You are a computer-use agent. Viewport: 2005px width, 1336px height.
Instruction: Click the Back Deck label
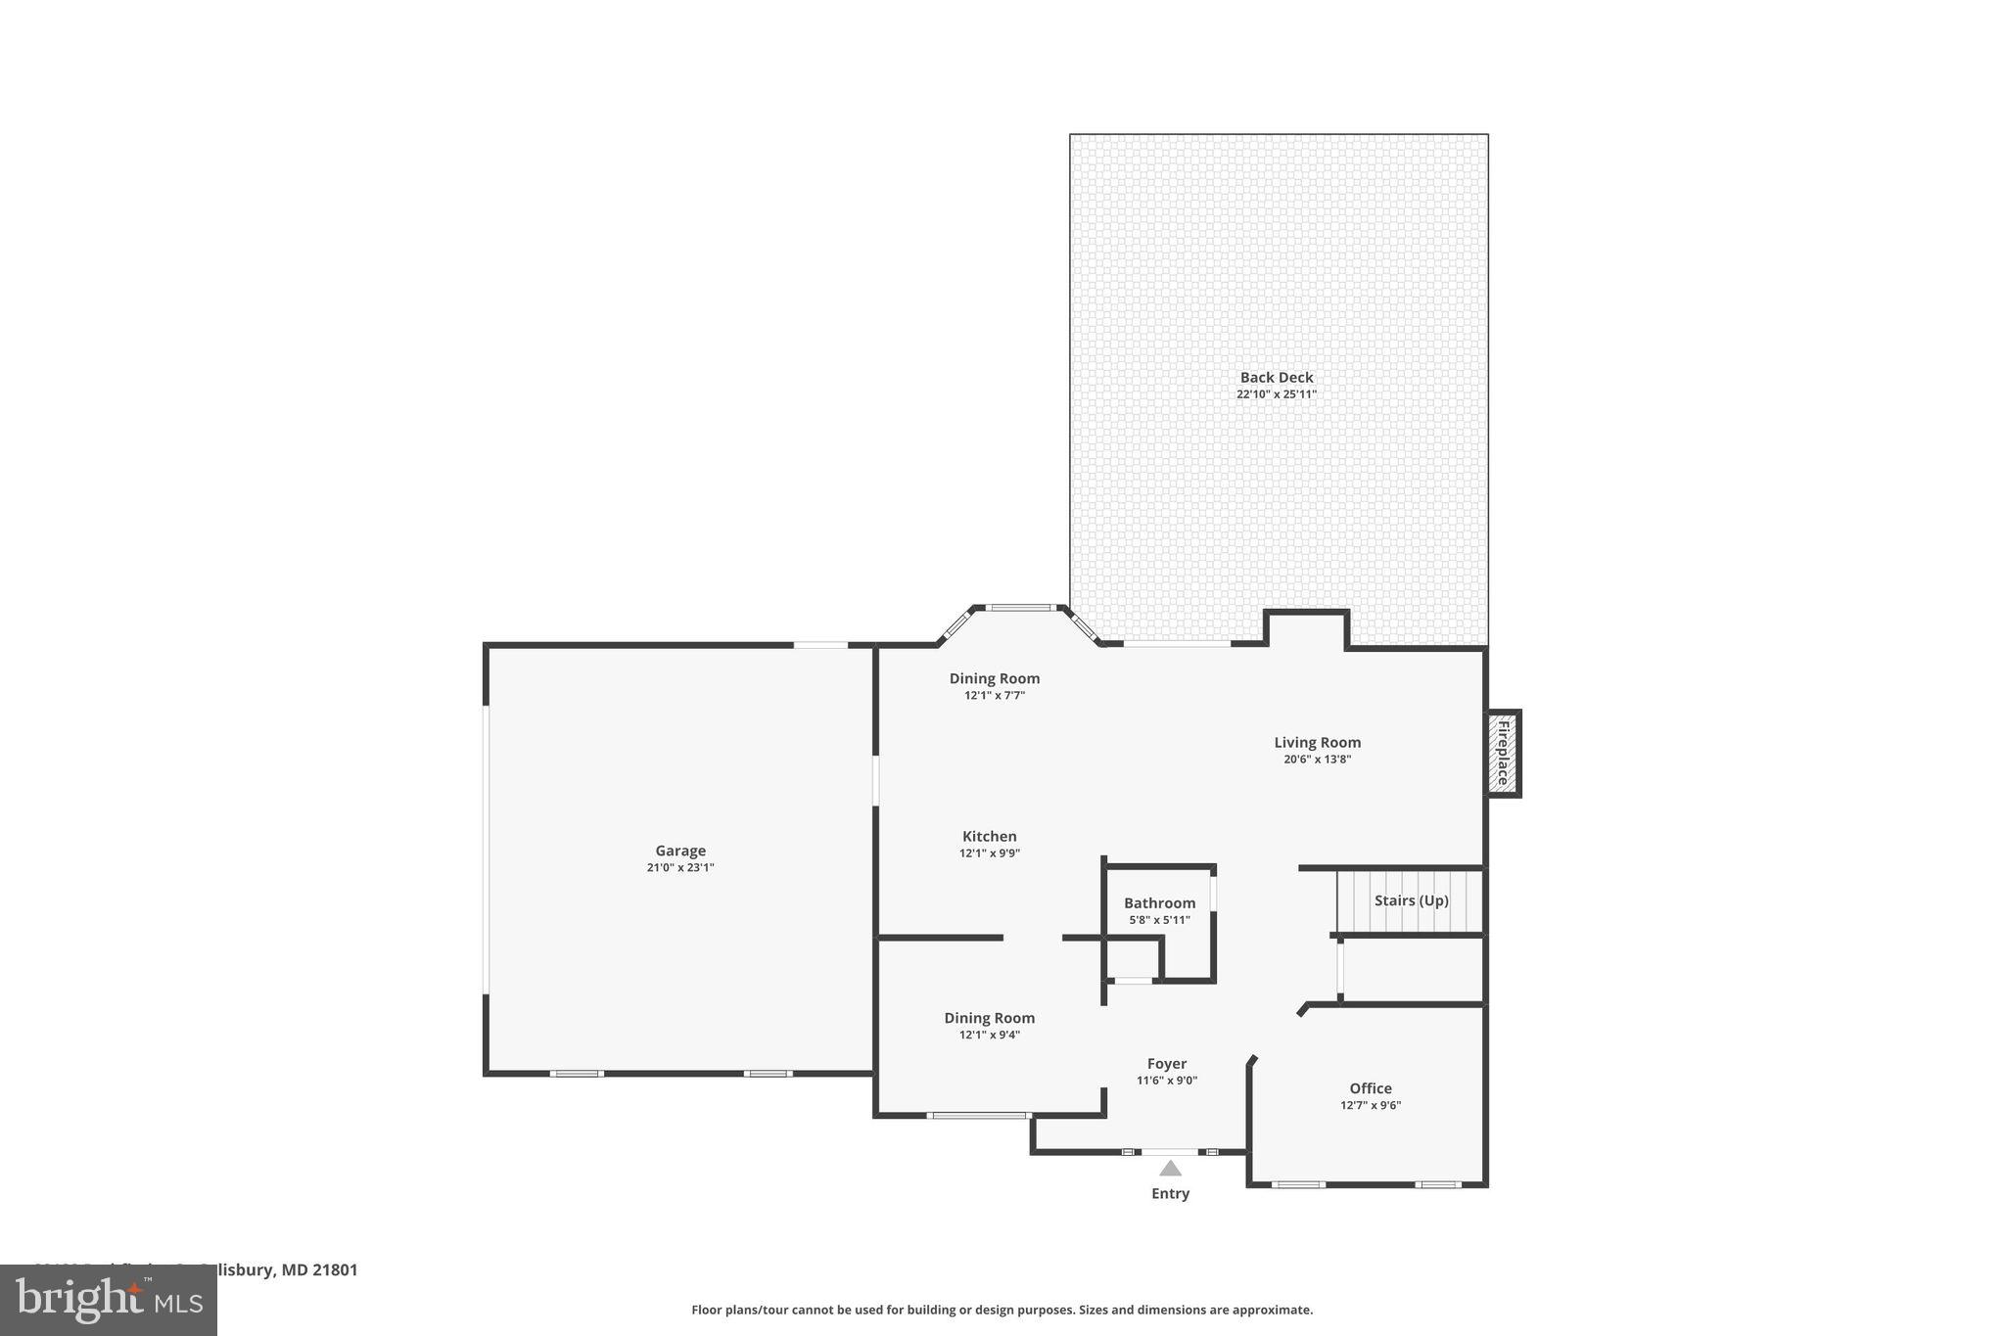(x=1276, y=377)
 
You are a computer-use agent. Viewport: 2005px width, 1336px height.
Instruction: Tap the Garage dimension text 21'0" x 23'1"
(x=680, y=868)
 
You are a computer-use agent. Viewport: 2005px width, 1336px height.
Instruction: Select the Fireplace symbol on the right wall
(x=1502, y=753)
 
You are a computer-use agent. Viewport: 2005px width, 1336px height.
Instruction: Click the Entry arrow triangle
(x=1170, y=1168)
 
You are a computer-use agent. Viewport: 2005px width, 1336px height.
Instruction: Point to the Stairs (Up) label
(x=1411, y=900)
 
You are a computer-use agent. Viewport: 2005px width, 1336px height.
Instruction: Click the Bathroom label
(x=1159, y=903)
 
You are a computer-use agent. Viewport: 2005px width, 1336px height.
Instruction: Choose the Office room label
(x=1370, y=1088)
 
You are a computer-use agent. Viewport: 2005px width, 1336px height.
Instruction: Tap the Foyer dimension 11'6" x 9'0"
(x=1166, y=1081)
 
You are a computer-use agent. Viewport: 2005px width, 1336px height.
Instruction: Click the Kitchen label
(x=989, y=836)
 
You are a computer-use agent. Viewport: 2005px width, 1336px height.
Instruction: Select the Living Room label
(x=1317, y=742)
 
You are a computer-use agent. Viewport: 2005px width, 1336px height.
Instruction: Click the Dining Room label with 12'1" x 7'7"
(x=994, y=678)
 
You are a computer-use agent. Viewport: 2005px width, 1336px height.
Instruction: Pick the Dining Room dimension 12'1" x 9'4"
(x=989, y=1035)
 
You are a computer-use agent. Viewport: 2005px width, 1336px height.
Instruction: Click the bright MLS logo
(x=109, y=1301)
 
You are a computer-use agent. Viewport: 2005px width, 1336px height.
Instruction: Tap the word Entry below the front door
(x=1170, y=1193)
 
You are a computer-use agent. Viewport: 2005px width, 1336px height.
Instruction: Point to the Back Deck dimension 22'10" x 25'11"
(x=1276, y=394)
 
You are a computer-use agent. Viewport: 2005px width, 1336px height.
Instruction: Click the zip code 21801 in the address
(x=336, y=1269)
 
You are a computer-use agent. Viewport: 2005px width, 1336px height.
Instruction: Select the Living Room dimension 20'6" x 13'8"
(x=1317, y=760)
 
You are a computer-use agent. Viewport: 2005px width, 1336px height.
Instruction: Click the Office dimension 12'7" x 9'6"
(x=1370, y=1105)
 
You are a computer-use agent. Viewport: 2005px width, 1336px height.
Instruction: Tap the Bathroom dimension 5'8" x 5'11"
(x=1159, y=920)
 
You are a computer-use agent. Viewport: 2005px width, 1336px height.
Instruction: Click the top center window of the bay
(x=1019, y=608)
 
